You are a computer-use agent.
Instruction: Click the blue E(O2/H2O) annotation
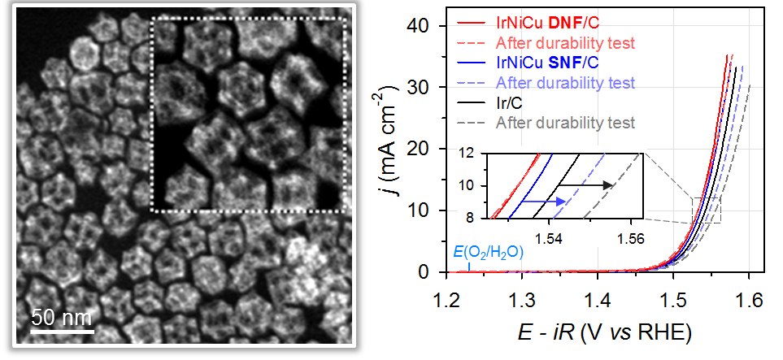[488, 251]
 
